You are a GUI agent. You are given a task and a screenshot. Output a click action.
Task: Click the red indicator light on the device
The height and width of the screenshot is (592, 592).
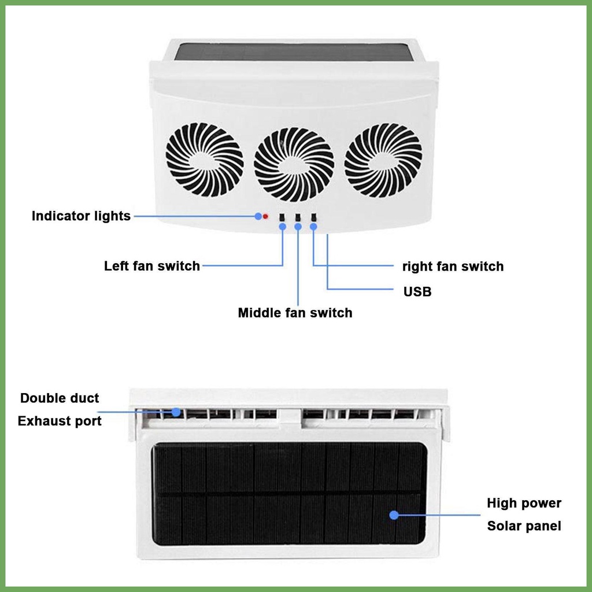(x=265, y=216)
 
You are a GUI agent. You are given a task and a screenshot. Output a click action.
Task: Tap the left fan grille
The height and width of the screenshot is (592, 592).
(x=204, y=160)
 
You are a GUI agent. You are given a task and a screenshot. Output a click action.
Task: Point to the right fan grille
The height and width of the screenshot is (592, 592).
(x=383, y=160)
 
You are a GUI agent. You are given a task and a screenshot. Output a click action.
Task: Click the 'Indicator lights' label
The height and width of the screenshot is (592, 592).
(x=81, y=216)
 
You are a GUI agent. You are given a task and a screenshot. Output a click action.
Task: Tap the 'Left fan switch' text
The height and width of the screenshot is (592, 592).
(x=152, y=266)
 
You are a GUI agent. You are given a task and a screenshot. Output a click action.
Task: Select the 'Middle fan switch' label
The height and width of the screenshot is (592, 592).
(x=295, y=313)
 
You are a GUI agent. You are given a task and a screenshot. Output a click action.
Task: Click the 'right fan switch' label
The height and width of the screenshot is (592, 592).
(x=453, y=266)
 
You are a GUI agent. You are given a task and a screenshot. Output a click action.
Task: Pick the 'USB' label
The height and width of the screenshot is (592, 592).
(x=417, y=291)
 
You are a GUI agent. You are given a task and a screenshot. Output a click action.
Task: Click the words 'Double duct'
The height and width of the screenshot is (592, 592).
(x=60, y=398)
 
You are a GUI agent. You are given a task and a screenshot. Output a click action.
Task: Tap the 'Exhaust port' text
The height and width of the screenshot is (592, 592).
(x=60, y=421)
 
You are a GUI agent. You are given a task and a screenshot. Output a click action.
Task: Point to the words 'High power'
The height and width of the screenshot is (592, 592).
(x=524, y=503)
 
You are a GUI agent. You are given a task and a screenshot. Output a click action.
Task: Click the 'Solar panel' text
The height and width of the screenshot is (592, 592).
(x=524, y=526)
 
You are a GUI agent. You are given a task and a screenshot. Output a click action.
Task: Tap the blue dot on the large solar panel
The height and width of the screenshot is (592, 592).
(x=394, y=515)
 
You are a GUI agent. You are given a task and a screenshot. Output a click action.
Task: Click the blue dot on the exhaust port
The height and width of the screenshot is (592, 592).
(x=176, y=412)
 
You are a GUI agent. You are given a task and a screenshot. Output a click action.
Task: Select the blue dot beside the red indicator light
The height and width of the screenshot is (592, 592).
(x=258, y=216)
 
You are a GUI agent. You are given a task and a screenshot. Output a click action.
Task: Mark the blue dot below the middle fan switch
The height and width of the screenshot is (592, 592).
(x=298, y=227)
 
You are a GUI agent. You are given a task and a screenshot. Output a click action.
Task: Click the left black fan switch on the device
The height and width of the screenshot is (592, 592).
(x=282, y=218)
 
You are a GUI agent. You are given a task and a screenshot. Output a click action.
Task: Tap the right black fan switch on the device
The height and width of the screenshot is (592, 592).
(x=313, y=217)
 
